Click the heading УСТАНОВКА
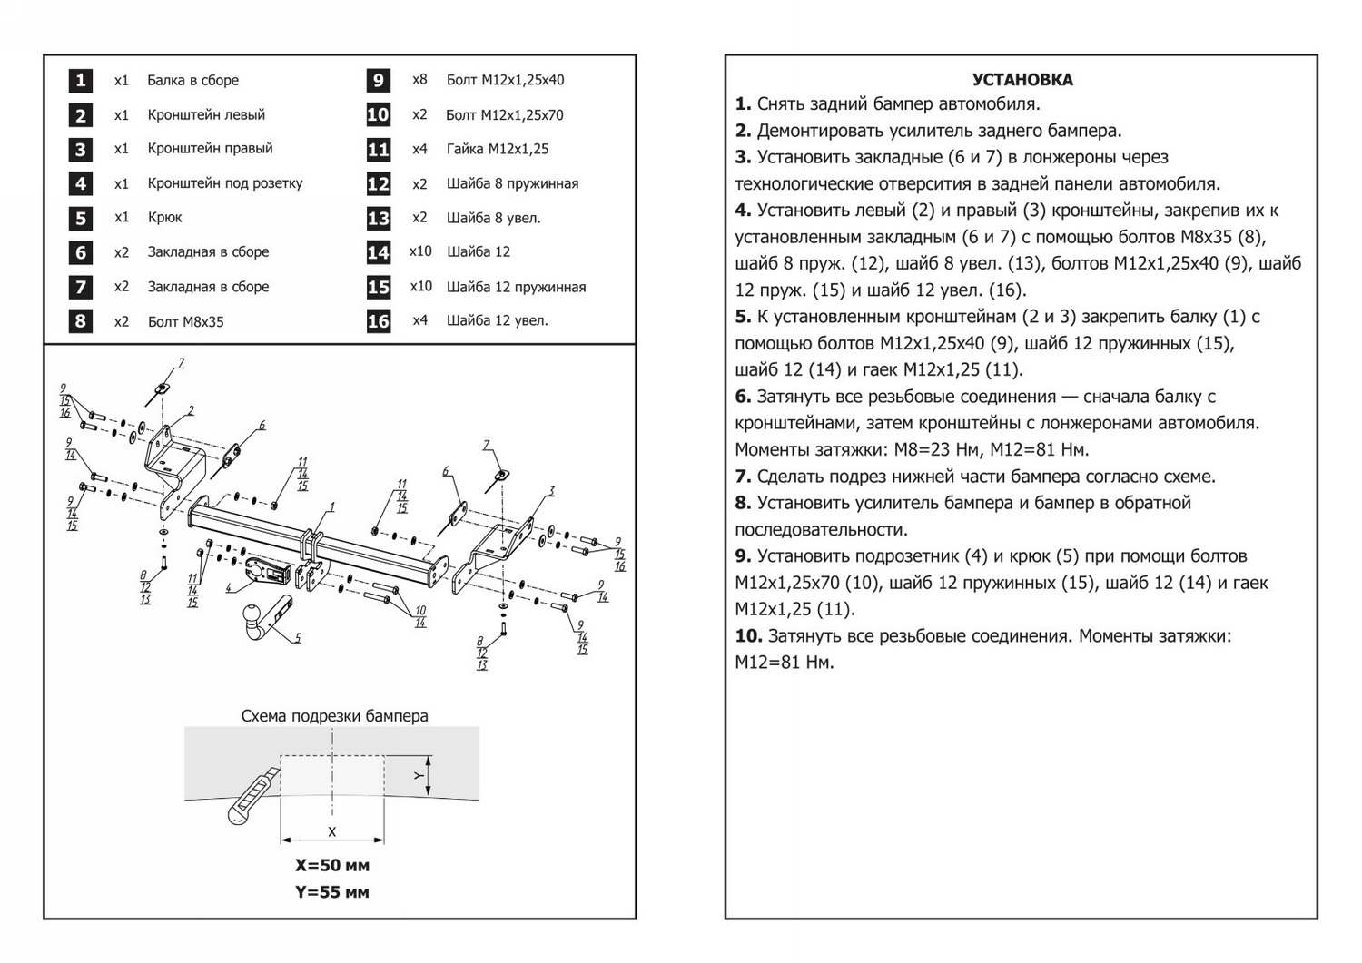click(x=1021, y=80)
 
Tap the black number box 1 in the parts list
click(x=81, y=80)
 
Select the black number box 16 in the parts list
click(x=378, y=320)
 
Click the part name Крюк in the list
click(x=164, y=218)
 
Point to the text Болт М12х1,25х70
click(x=504, y=115)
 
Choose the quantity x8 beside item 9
click(x=419, y=80)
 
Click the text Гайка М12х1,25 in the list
click(x=498, y=149)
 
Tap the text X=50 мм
click(x=332, y=865)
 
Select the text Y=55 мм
click(x=332, y=892)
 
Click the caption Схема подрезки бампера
click(x=334, y=715)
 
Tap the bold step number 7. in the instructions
click(x=743, y=477)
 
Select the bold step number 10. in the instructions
click(x=748, y=636)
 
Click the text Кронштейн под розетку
click(x=225, y=183)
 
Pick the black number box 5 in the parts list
click(x=81, y=218)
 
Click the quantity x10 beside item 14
click(x=420, y=251)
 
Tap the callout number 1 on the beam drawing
click(x=332, y=506)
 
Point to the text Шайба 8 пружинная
click(x=512, y=183)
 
